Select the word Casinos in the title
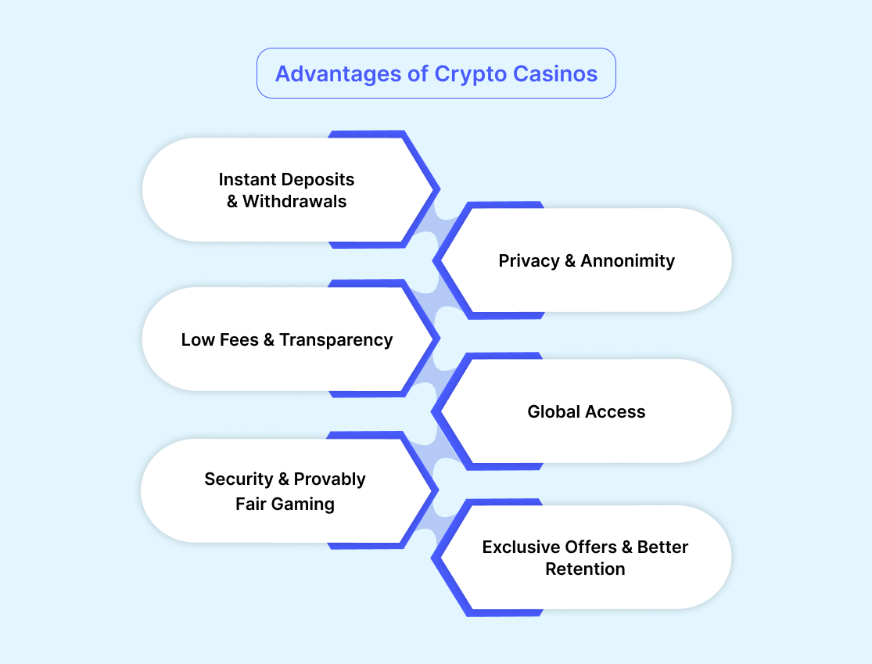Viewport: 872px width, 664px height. click(x=556, y=74)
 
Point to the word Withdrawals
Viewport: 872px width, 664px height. click(x=295, y=201)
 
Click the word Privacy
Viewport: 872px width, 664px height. click(x=529, y=260)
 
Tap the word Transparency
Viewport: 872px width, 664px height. click(x=336, y=339)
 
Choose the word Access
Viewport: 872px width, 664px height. click(x=618, y=411)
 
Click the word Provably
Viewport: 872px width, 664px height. click(x=330, y=479)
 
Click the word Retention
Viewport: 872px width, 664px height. click(x=585, y=569)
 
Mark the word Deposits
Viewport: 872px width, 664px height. click(x=319, y=179)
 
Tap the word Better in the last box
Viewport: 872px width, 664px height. click(x=662, y=547)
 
